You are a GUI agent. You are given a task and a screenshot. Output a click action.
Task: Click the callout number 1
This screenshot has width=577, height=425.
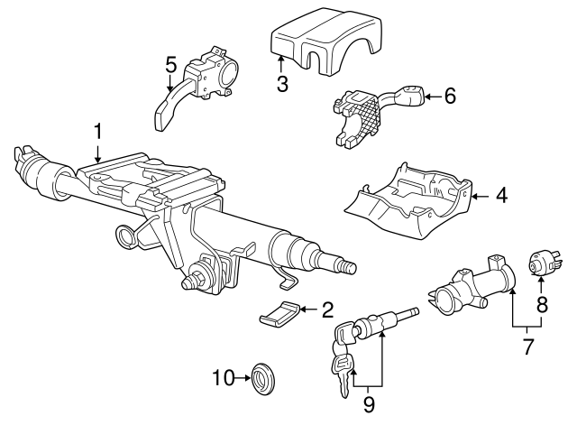pos(97,134)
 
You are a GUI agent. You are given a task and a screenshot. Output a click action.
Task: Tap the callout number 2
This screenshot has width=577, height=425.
pos(327,310)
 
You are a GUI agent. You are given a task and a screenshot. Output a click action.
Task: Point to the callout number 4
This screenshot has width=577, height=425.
pos(501,194)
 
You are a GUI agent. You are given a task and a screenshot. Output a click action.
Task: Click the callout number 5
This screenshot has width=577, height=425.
pos(170,65)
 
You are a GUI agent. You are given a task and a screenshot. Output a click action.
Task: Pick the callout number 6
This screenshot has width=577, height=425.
pos(451,95)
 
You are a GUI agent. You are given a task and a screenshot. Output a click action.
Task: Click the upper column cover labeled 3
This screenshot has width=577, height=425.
pos(315,45)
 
